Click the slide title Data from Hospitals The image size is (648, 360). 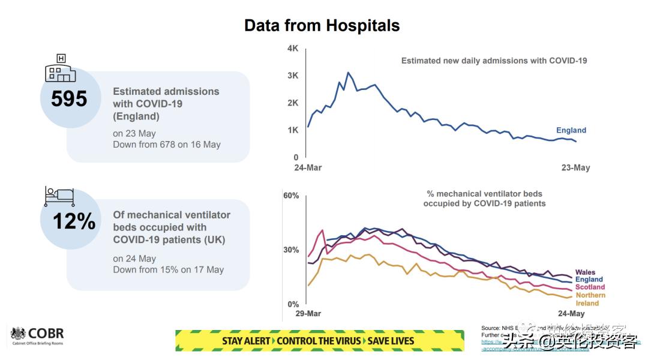point(322,26)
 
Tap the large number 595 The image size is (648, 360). point(69,99)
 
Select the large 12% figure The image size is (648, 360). point(74,221)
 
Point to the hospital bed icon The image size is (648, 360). point(59,196)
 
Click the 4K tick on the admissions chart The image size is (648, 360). point(293,49)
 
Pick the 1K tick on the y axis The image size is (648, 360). point(293,130)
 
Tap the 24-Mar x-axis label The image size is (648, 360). point(308,167)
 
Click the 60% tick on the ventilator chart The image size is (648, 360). point(291,196)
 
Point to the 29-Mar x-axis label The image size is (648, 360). point(308,314)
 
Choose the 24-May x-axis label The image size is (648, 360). point(571,314)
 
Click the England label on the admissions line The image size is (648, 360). point(571,130)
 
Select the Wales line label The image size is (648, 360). point(585,272)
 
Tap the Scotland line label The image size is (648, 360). point(590,287)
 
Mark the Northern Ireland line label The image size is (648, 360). point(590,299)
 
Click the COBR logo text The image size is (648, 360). point(46,334)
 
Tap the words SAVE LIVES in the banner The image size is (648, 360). point(390,341)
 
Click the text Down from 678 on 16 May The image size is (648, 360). point(167,145)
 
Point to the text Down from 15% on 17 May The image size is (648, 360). point(169,270)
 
